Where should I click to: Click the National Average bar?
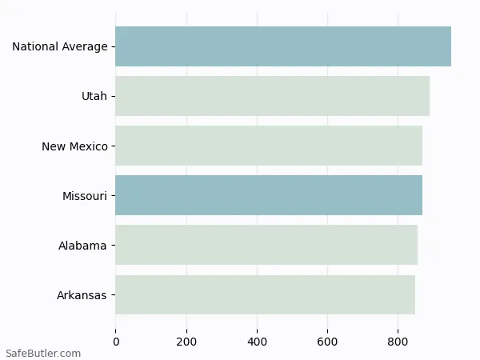tap(283, 46)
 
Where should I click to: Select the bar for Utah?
tap(272, 96)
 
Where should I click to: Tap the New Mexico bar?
tap(269, 146)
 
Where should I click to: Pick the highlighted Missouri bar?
tap(269, 195)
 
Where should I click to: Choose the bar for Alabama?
tap(266, 245)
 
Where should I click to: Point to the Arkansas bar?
tap(265, 294)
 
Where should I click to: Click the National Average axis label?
tap(59, 47)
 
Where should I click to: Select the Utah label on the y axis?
tap(94, 97)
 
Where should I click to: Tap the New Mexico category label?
tap(74, 146)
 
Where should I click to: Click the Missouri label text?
tap(85, 196)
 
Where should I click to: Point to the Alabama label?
tap(82, 246)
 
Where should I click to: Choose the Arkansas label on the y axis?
tap(82, 295)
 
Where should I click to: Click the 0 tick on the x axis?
tap(116, 342)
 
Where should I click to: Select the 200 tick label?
tap(186, 342)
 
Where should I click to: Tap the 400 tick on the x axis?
tap(257, 342)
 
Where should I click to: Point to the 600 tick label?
tap(327, 342)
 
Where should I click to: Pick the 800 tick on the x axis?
tap(398, 342)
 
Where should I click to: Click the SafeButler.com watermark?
tap(43, 353)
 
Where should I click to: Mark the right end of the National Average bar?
tap(450, 46)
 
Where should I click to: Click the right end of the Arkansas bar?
tap(414, 294)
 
